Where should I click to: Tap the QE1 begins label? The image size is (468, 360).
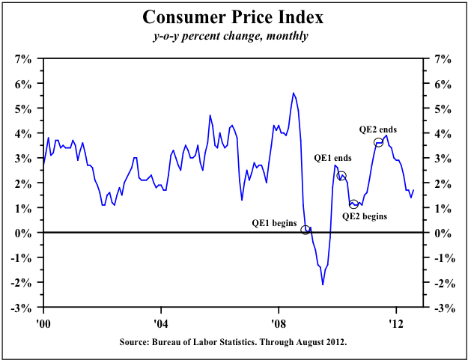point(275,222)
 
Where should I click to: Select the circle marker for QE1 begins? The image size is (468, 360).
point(306,230)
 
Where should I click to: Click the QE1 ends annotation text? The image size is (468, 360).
point(332,159)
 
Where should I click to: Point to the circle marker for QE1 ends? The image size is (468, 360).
point(341,176)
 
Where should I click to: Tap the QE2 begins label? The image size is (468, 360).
point(365,216)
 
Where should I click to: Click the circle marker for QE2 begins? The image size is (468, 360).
point(353,204)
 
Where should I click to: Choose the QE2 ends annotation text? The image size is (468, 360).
point(378,129)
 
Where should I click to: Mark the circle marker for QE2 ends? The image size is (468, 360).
point(379,142)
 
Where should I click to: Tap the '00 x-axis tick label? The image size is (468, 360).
point(43,319)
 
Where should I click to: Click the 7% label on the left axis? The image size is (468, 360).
point(23,58)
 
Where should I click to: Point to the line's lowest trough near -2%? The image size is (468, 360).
point(323,284)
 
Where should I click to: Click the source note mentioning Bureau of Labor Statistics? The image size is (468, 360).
point(233,342)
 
